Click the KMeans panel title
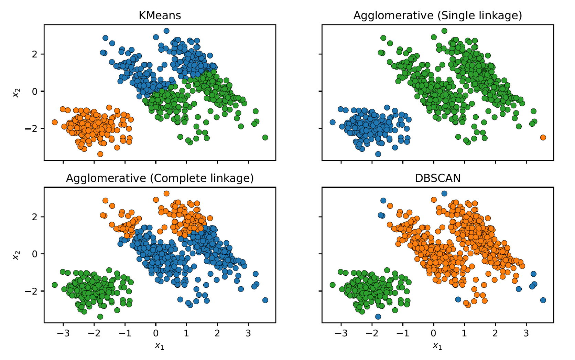(x=160, y=15)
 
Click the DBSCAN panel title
(x=437, y=178)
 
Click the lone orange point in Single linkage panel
(x=543, y=137)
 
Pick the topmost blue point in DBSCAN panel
(x=444, y=193)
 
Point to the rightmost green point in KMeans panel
(x=265, y=137)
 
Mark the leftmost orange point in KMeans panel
(x=55, y=122)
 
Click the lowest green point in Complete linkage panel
(x=100, y=317)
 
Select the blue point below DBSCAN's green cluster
(x=378, y=317)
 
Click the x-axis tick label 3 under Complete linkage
(x=248, y=333)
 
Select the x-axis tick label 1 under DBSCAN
(x=464, y=333)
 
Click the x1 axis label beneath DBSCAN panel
(x=437, y=346)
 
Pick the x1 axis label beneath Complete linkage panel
(x=160, y=346)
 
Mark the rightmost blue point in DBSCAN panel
(x=543, y=300)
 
